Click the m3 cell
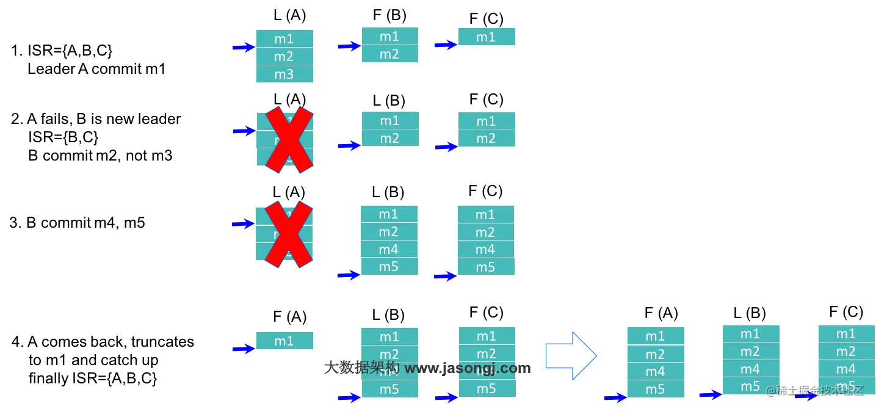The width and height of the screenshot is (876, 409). tap(284, 74)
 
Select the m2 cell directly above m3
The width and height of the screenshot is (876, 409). tap(284, 57)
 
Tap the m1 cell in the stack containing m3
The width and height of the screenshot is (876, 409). tap(284, 39)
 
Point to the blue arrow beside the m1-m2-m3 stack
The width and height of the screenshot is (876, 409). tap(242, 48)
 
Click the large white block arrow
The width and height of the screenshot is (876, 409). tap(570, 355)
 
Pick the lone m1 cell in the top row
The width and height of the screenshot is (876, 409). tap(486, 37)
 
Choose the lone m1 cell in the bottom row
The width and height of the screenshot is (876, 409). tap(284, 341)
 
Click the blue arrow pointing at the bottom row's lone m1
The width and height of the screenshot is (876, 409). tap(242, 349)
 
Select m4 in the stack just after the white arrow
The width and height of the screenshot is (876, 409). tap(655, 371)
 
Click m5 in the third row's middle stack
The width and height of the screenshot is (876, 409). tap(389, 267)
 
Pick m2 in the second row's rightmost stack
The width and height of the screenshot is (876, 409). tap(486, 139)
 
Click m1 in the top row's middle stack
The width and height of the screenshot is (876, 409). tap(389, 36)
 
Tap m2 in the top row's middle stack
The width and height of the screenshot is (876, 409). tap(389, 54)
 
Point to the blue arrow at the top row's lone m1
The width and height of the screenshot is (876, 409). tap(444, 45)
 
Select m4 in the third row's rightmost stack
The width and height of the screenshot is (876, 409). tap(485, 250)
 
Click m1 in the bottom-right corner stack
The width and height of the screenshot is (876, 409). tap(846, 334)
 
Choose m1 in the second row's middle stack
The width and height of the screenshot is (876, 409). tap(389, 120)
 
